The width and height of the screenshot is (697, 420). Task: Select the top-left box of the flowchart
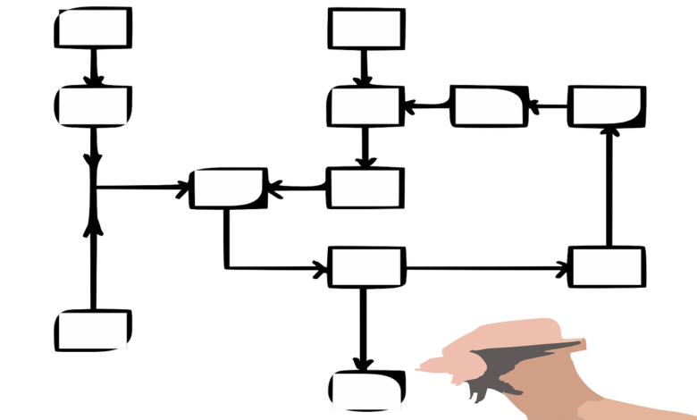[93, 28]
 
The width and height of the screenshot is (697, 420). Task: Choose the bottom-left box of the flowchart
[93, 330]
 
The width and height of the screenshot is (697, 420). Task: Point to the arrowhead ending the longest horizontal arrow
[561, 267]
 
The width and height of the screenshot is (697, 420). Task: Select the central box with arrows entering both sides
[229, 188]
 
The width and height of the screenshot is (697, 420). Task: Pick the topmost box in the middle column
[365, 28]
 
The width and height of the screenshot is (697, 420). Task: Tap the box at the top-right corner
[608, 106]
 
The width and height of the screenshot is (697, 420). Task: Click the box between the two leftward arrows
[489, 106]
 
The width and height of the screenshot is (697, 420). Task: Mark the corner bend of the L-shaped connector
[226, 266]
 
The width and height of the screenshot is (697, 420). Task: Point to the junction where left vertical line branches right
[93, 188]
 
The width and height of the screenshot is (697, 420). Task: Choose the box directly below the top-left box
[93, 106]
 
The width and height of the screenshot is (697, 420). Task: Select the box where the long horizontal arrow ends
[607, 266]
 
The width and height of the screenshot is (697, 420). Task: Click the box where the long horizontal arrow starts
[365, 266]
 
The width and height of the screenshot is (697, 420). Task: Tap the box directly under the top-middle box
[365, 106]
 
